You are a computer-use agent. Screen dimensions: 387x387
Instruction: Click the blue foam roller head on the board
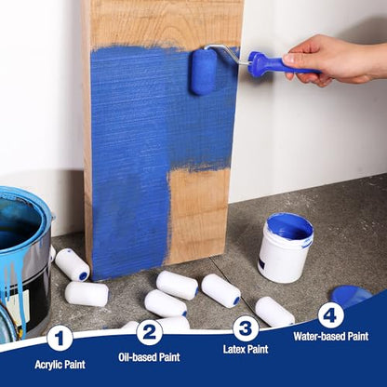pyautogui.click(x=203, y=72)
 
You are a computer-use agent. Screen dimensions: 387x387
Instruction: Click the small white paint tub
pyautogui.click(x=286, y=247)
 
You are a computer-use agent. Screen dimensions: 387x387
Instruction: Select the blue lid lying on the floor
pyautogui.click(x=351, y=296)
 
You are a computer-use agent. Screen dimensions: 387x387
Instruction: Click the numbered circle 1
pyautogui.click(x=60, y=338)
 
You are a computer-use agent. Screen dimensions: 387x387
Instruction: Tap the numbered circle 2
pyautogui.click(x=150, y=333)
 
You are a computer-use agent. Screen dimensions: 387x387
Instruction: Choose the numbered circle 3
pyautogui.click(x=246, y=328)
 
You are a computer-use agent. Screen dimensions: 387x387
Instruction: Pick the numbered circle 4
pyautogui.click(x=331, y=315)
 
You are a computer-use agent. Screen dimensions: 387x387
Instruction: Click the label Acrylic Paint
pyautogui.click(x=60, y=365)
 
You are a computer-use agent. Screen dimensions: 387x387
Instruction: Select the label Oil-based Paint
pyautogui.click(x=149, y=357)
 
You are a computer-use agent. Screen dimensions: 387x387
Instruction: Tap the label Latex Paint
pyautogui.click(x=246, y=349)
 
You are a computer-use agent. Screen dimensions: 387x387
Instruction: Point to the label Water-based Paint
pyautogui.click(x=331, y=336)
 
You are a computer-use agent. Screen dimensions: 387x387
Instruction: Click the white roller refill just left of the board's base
pyautogui.click(x=73, y=264)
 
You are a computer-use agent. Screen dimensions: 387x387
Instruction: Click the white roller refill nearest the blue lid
pyautogui.click(x=274, y=312)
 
